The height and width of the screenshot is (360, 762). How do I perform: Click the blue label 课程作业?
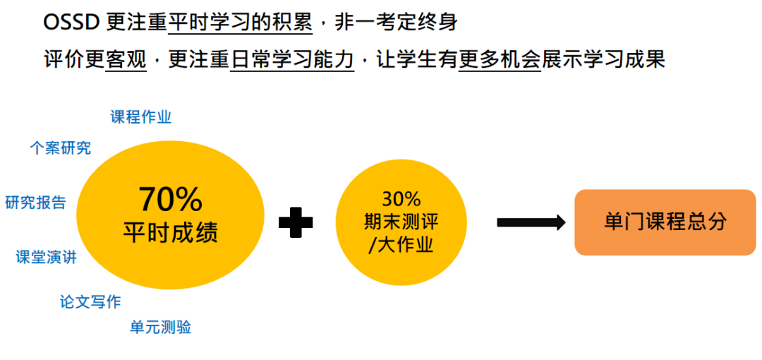[x=141, y=116]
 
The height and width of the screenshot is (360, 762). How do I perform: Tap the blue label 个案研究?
[x=60, y=148]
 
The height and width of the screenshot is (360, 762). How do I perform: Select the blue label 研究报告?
[x=36, y=203]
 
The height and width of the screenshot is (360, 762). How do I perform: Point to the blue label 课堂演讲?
[x=47, y=258]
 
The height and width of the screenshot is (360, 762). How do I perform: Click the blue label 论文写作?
[x=90, y=302]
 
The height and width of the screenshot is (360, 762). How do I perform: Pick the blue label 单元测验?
[x=160, y=327]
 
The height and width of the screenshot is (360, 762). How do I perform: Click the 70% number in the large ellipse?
[x=170, y=200]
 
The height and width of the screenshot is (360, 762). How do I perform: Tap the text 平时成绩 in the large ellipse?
[x=170, y=232]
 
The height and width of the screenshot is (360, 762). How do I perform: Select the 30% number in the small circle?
[x=401, y=198]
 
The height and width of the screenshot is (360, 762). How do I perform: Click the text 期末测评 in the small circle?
[x=401, y=221]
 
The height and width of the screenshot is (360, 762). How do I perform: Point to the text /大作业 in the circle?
[x=401, y=244]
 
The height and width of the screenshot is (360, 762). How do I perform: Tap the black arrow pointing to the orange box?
[x=531, y=222]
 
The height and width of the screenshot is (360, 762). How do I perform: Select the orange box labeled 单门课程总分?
[x=665, y=222]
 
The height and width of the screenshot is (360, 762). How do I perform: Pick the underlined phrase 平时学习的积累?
[x=240, y=23]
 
